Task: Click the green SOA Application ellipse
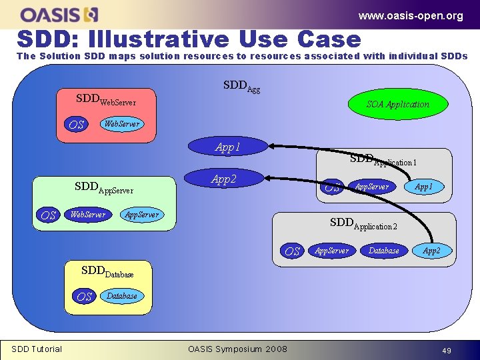(398, 104)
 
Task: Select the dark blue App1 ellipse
(228, 147)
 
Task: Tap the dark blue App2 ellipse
(224, 179)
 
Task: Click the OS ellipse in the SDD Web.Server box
(77, 125)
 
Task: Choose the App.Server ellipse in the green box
(141, 215)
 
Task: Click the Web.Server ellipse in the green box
(88, 215)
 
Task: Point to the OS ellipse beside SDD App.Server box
(48, 215)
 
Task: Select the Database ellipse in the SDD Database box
(122, 296)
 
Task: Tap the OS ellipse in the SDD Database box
(85, 297)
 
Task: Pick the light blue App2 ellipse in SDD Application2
(432, 251)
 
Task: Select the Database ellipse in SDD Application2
(384, 251)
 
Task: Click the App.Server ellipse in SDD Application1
(372, 187)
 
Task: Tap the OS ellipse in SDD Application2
(293, 251)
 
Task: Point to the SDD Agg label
(241, 86)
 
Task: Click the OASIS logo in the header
(59, 14)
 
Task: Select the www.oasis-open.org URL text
(410, 15)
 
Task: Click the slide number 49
(445, 349)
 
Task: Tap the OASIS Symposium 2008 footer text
(237, 349)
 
